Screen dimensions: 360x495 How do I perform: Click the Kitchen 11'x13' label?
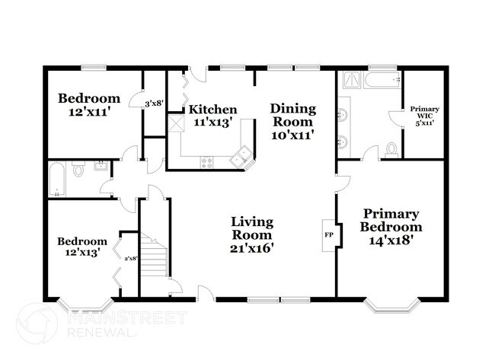212,115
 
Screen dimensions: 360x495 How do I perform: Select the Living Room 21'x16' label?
252,234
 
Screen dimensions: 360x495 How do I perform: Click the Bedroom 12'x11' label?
89,104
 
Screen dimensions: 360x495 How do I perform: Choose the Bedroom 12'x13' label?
79,248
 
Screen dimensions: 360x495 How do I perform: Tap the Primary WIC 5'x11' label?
424,116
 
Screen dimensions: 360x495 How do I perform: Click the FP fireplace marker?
329,234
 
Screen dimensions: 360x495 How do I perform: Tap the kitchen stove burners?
207,161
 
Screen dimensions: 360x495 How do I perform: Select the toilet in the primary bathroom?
391,149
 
